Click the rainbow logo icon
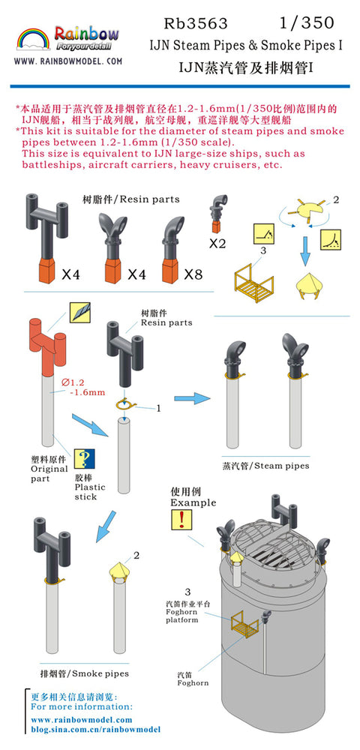tap(34, 39)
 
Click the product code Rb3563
tap(196, 23)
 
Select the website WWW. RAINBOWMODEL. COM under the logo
tap(68, 61)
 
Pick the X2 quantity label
tap(217, 244)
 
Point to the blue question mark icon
tap(84, 459)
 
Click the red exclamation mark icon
tap(181, 520)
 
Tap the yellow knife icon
tap(79, 312)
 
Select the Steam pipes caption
tap(265, 465)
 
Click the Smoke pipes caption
tap(84, 674)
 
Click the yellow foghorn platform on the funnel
tap(244, 626)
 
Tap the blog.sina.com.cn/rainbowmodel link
tap(95, 730)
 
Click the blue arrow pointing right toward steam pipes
tap(192, 398)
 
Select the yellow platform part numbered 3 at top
tap(253, 285)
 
